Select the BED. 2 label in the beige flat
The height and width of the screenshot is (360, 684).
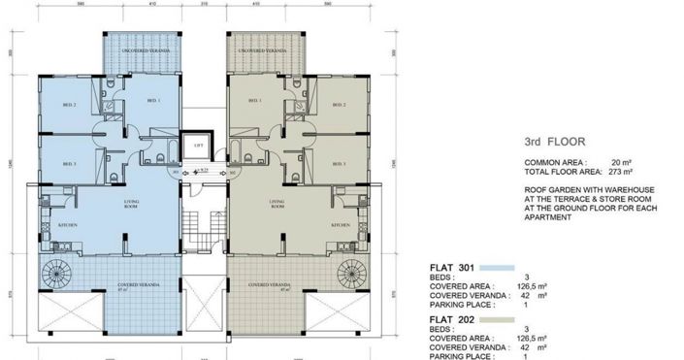coord(339,104)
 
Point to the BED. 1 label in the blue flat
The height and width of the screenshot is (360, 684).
coord(152,100)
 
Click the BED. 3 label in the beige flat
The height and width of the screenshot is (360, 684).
coord(339,164)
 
